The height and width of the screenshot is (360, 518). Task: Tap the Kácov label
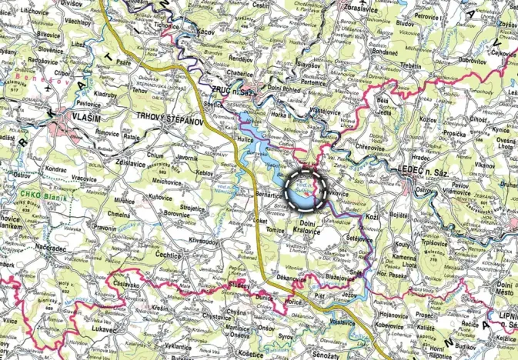pos(206,31)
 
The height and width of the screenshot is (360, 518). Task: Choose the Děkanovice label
pos(292,275)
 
